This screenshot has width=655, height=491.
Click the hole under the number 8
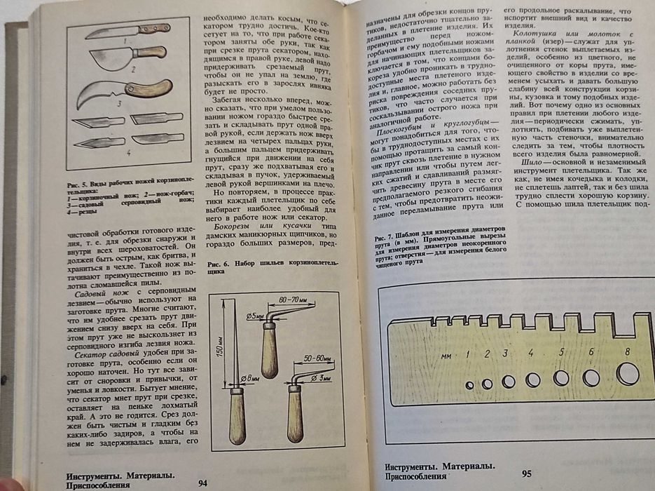point(627,373)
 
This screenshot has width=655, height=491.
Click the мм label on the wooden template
point(446,356)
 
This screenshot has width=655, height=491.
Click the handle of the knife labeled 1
point(155,29)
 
